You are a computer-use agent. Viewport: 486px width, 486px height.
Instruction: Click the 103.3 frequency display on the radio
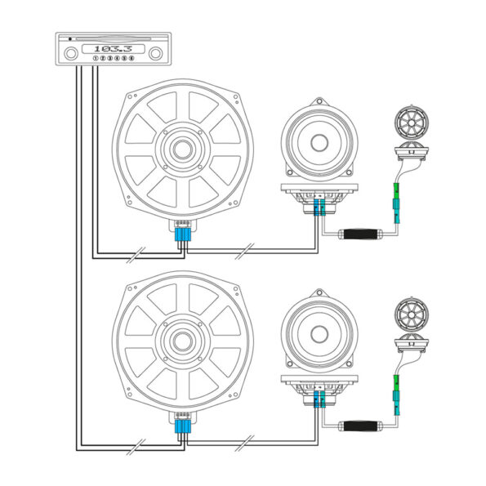(x=114, y=49)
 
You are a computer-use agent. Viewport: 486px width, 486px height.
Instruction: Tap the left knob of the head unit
(x=71, y=53)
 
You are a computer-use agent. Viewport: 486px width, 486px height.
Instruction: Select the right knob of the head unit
(x=155, y=53)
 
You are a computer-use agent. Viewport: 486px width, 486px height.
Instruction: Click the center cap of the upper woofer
(x=183, y=149)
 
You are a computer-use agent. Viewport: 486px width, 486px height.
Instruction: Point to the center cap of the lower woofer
(x=183, y=341)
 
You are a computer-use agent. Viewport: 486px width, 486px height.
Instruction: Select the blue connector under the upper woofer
(x=183, y=234)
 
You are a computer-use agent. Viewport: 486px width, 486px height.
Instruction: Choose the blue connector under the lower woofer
(x=183, y=426)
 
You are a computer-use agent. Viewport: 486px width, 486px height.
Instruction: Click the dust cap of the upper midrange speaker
(x=319, y=143)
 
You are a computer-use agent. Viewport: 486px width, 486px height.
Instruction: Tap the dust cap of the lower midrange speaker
(x=319, y=335)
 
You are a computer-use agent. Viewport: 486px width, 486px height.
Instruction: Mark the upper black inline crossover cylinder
(x=361, y=234)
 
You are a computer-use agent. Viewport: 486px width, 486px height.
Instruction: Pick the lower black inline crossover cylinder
(x=361, y=426)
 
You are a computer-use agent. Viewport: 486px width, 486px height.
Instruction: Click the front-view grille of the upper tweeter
(x=412, y=123)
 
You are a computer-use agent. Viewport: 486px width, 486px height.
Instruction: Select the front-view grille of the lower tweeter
(x=412, y=315)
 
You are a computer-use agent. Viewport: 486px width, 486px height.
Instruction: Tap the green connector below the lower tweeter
(x=396, y=382)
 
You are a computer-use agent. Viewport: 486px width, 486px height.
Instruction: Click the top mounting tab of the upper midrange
(x=319, y=101)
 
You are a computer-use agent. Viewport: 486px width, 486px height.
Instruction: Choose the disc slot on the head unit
(x=114, y=39)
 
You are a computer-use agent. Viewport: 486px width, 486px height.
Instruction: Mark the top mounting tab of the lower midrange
(x=319, y=293)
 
